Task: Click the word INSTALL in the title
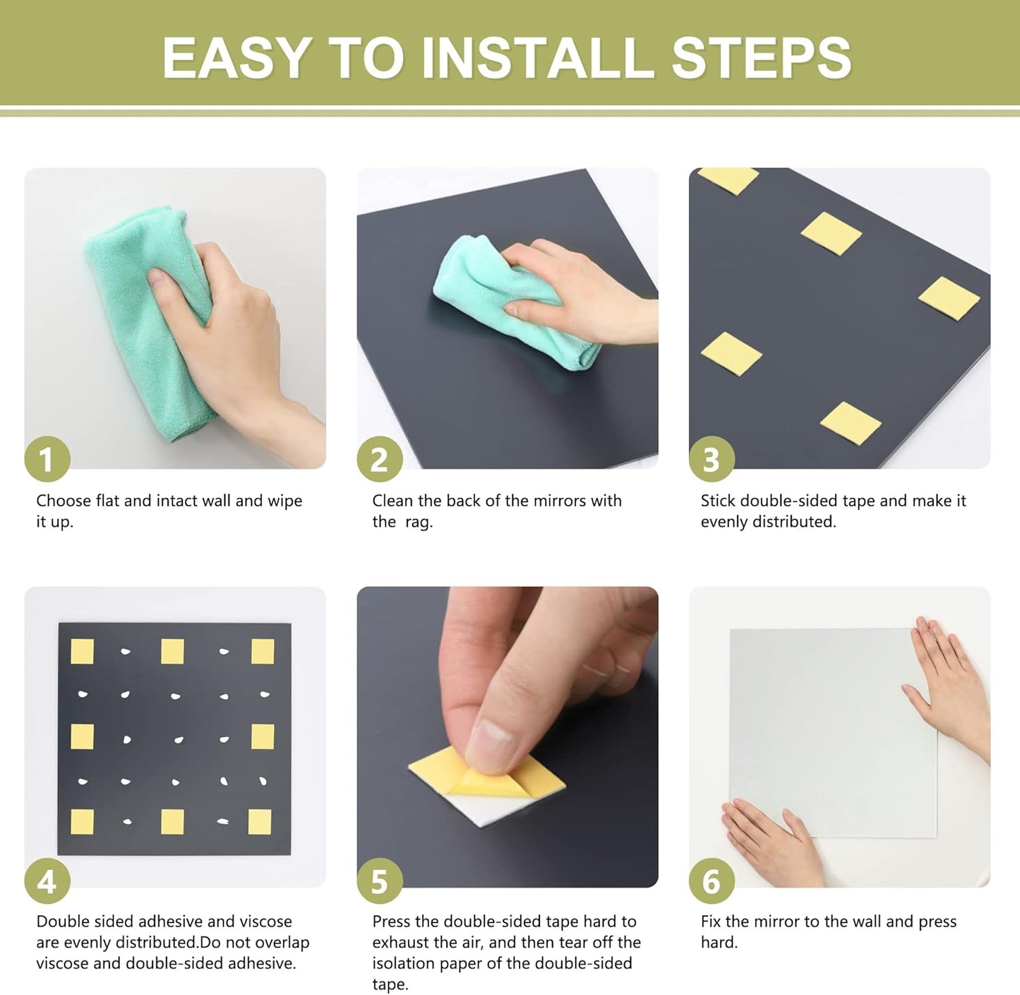(x=538, y=57)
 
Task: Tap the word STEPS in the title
(x=761, y=57)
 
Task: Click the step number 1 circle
(x=47, y=459)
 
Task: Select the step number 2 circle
(x=380, y=459)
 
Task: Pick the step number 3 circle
(x=712, y=459)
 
